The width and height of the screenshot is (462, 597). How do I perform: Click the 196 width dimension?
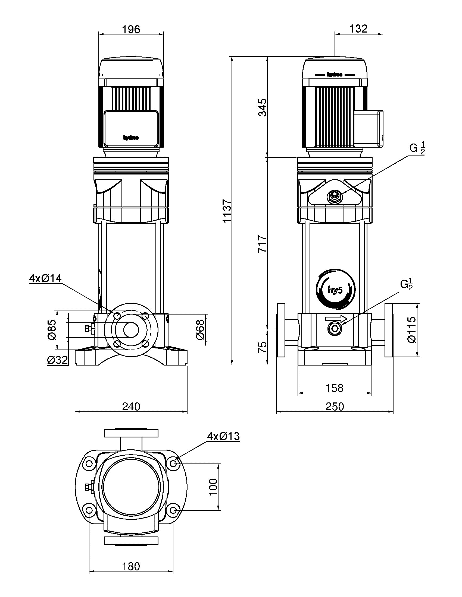point(131,29)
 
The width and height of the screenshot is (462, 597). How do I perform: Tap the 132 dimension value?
point(358,29)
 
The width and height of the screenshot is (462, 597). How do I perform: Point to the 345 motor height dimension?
point(263,107)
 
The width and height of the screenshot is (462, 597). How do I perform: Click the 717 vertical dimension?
point(263,243)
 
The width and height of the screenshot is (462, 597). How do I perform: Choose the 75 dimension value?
point(263,347)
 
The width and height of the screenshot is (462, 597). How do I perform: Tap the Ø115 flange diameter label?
point(411,330)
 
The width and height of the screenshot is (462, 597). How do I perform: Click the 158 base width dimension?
point(335,388)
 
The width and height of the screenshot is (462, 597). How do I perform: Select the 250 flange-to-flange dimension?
point(335,407)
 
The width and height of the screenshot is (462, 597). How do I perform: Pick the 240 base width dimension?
point(131,407)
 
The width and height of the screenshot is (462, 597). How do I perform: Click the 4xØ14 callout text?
point(45,278)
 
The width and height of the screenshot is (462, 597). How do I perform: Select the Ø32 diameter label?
point(57,360)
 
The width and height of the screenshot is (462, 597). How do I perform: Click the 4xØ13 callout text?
point(223,437)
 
